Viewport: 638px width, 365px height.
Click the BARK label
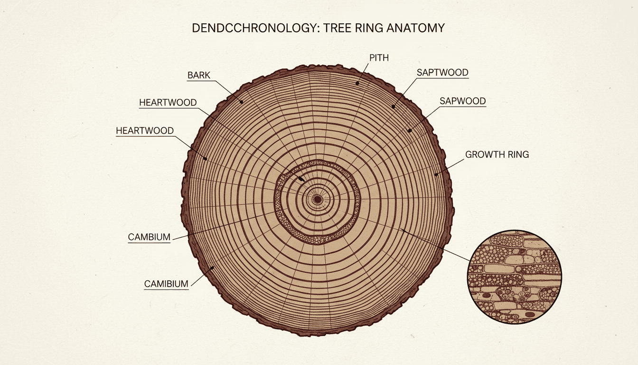199,75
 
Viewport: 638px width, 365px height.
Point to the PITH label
378,58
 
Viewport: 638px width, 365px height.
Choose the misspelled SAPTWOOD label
442,73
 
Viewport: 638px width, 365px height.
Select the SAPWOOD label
462,101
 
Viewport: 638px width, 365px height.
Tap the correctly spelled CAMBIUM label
149,237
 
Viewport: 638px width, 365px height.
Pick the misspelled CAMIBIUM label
166,284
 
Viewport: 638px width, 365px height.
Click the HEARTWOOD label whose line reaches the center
168,103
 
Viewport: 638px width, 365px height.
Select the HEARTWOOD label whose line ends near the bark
145,130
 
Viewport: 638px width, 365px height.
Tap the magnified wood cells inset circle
514,277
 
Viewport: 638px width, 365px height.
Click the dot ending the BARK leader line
241,101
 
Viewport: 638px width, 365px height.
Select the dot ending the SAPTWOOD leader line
394,107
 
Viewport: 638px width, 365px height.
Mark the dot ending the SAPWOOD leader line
409,130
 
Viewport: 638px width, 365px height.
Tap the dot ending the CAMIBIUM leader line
211,268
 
